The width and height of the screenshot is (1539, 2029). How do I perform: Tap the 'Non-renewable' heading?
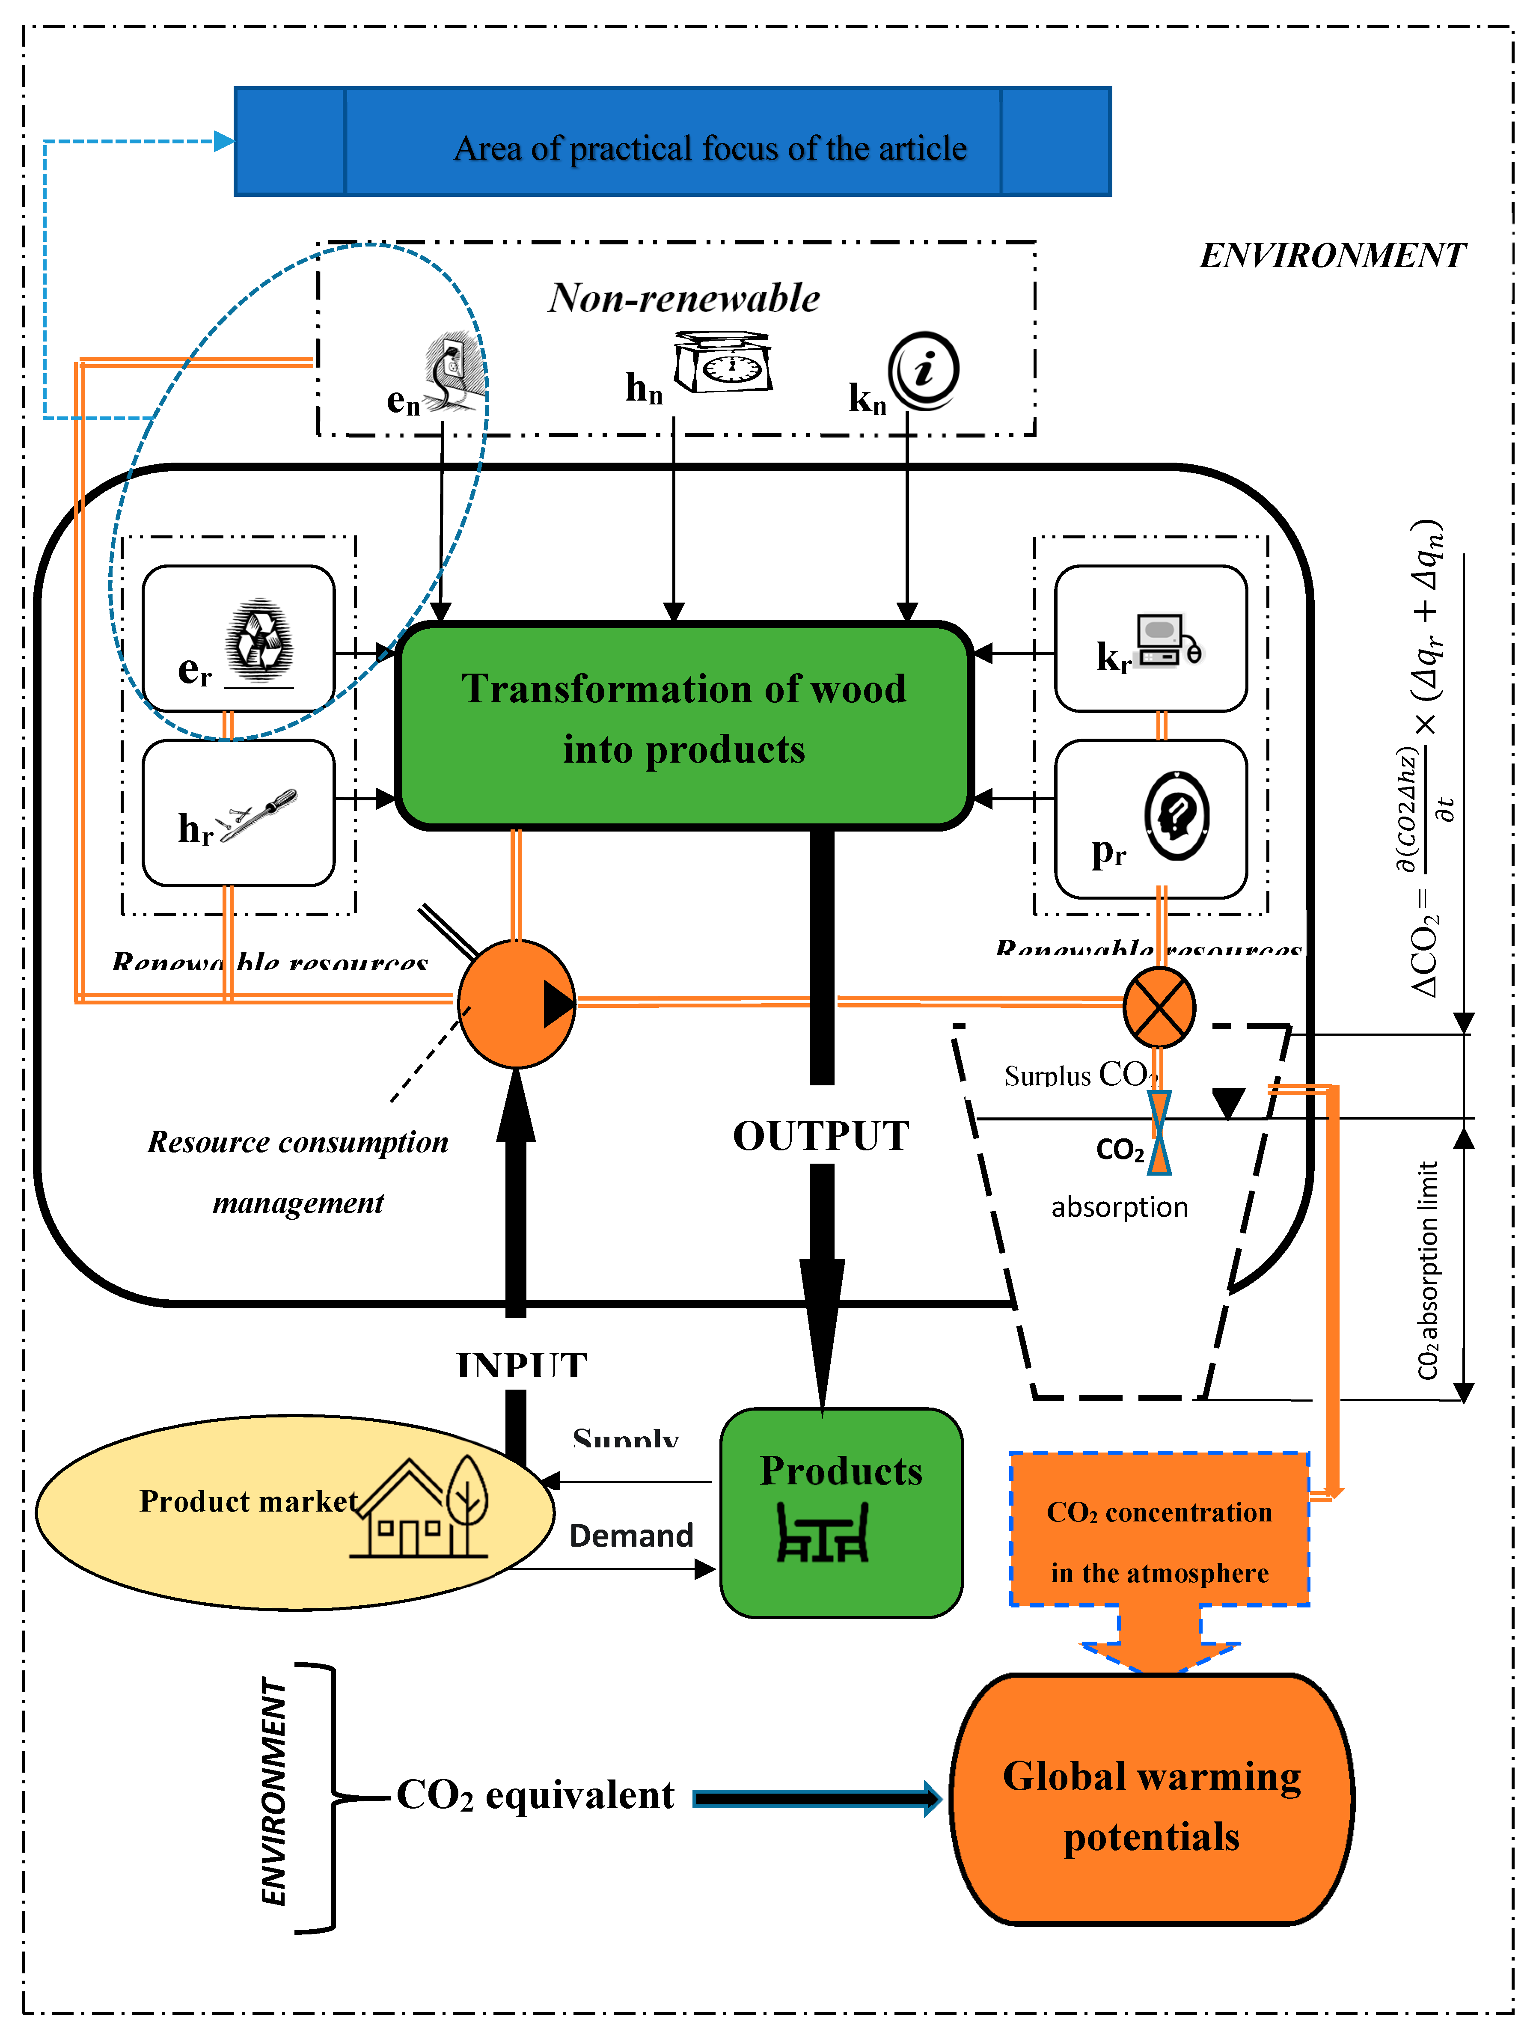[684, 298]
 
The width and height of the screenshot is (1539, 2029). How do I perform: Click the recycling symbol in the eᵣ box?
[261, 639]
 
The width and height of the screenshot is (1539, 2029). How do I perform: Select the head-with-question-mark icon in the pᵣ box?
[1177, 814]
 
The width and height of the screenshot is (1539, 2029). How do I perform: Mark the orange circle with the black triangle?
[517, 1004]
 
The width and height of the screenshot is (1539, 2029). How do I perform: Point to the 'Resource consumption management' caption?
[298, 1171]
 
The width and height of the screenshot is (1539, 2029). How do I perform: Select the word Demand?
[631, 1536]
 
